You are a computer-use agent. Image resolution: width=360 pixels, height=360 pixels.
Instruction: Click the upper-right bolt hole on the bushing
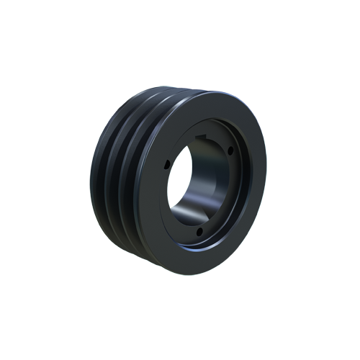pyautogui.click(x=230, y=150)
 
